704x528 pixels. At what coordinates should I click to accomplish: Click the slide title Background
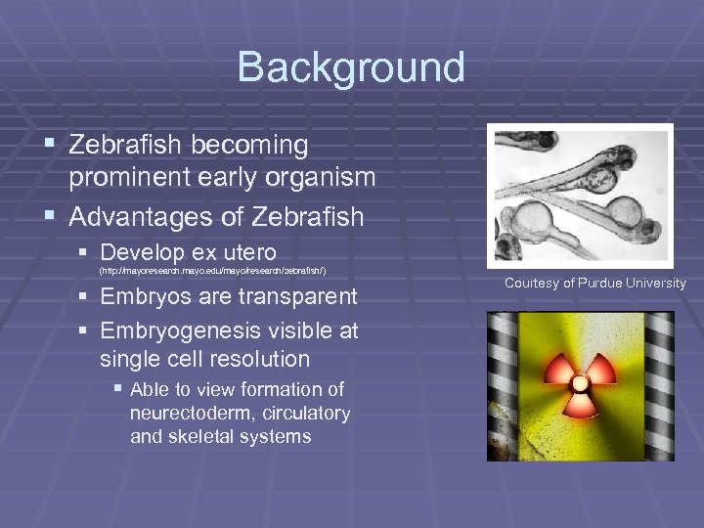point(351,67)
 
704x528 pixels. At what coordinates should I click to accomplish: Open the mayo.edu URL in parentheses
point(212,270)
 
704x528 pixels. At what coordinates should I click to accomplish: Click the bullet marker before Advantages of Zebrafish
point(52,214)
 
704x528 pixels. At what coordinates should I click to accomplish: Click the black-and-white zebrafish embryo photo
point(582,195)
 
